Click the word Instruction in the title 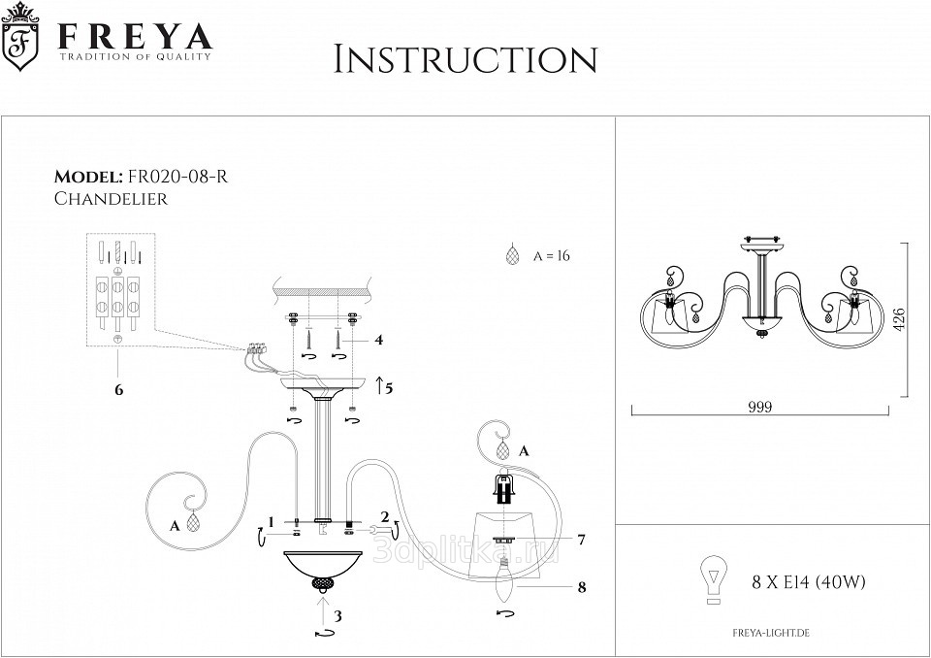tap(465, 59)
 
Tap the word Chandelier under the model tap(111, 199)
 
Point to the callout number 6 tap(118, 389)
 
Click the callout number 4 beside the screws tap(379, 340)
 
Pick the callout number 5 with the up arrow tap(388, 389)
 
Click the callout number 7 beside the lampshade tap(581, 539)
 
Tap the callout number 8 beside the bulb tap(581, 586)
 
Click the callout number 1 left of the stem tap(273, 521)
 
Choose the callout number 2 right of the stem tap(385, 516)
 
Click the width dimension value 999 tap(761, 408)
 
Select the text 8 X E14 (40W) tap(808, 582)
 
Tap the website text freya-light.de tap(773, 633)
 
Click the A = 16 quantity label tap(549, 256)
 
